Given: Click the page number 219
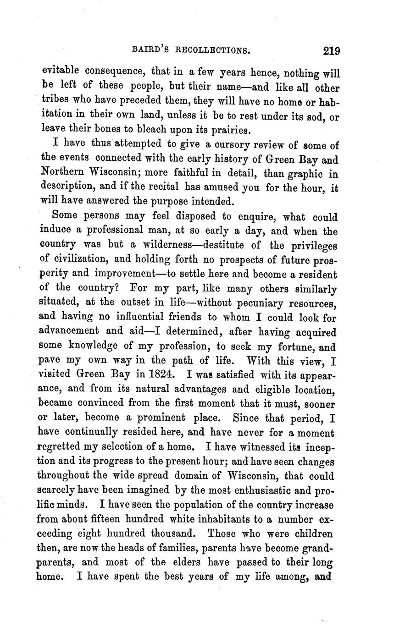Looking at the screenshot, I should pos(331,50).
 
